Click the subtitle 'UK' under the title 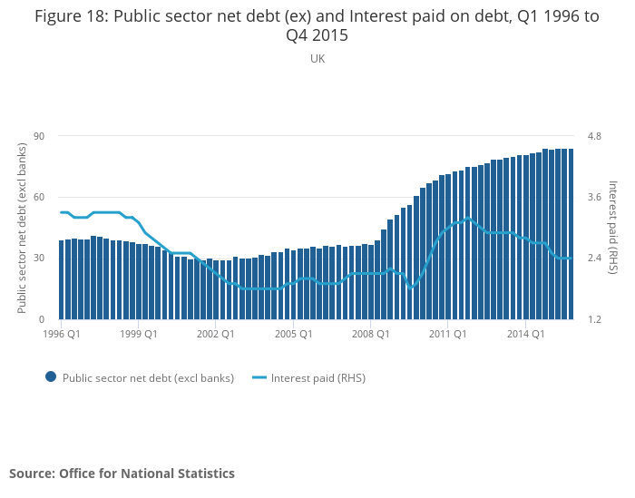(317, 59)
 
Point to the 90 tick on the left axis (39, 136)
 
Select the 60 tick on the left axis (39, 197)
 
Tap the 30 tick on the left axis (39, 259)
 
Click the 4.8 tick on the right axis (594, 136)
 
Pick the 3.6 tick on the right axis (594, 197)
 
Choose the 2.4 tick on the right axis (594, 259)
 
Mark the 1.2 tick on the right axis (594, 319)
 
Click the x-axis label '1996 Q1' (63, 334)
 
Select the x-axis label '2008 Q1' (371, 334)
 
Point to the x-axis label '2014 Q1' (525, 334)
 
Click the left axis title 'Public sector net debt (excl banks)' (22, 228)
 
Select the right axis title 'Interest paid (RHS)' (613, 228)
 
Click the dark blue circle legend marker (51, 377)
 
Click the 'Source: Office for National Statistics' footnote (122, 474)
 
